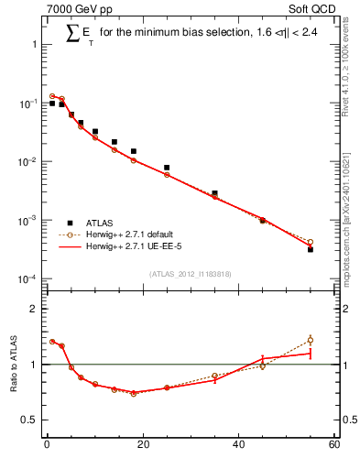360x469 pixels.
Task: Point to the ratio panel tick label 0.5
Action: coord(29,420)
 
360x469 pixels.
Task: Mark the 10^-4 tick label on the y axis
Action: coord(27,279)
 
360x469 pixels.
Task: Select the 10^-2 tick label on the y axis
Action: coord(27,162)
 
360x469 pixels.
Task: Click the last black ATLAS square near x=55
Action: coord(310,249)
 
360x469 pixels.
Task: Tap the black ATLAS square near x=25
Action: coord(167,168)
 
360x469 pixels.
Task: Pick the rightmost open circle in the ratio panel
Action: coord(310,340)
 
